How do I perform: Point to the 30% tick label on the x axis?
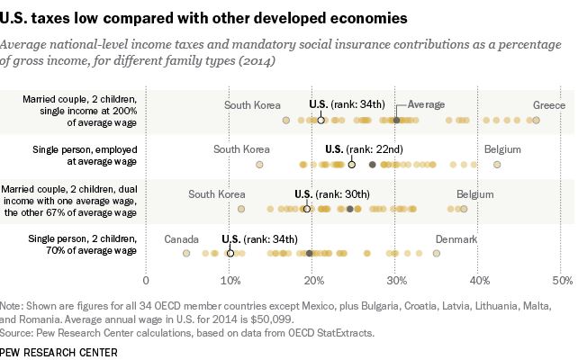(x=396, y=281)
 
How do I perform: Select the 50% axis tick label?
(x=563, y=281)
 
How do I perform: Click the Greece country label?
(x=549, y=104)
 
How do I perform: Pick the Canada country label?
(x=182, y=239)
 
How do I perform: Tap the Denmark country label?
(x=456, y=239)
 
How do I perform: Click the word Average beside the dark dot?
(x=427, y=104)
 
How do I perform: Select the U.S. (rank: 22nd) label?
(x=358, y=148)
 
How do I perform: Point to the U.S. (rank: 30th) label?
(x=332, y=193)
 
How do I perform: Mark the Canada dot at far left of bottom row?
(x=186, y=254)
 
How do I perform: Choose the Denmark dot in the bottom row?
(x=437, y=254)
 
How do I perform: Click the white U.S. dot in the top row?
(x=321, y=120)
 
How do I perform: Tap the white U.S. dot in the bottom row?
(x=230, y=254)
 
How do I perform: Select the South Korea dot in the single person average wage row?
(x=260, y=165)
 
